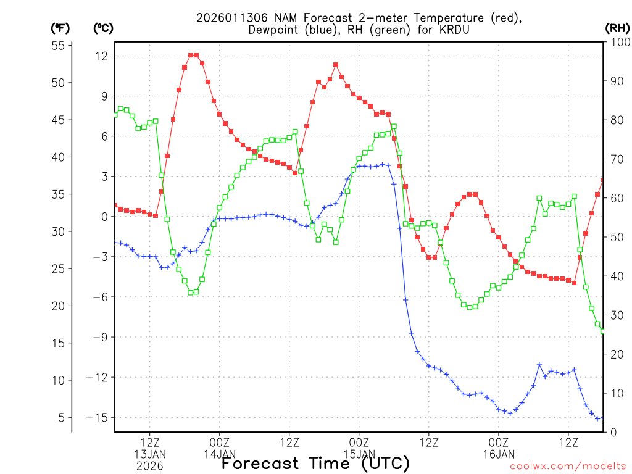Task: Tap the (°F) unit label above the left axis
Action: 60,28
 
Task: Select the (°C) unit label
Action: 103,28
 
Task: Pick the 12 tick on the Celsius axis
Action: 101,56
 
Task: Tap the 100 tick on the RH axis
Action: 618,42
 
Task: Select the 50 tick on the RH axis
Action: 615,237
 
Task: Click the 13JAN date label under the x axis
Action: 150,454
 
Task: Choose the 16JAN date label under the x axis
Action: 499,454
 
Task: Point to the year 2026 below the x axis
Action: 150,466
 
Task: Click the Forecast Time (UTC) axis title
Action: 315,463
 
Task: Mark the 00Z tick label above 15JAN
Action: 359,443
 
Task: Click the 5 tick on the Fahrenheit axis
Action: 62,418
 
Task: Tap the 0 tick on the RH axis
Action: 612,432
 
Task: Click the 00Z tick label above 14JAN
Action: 220,443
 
